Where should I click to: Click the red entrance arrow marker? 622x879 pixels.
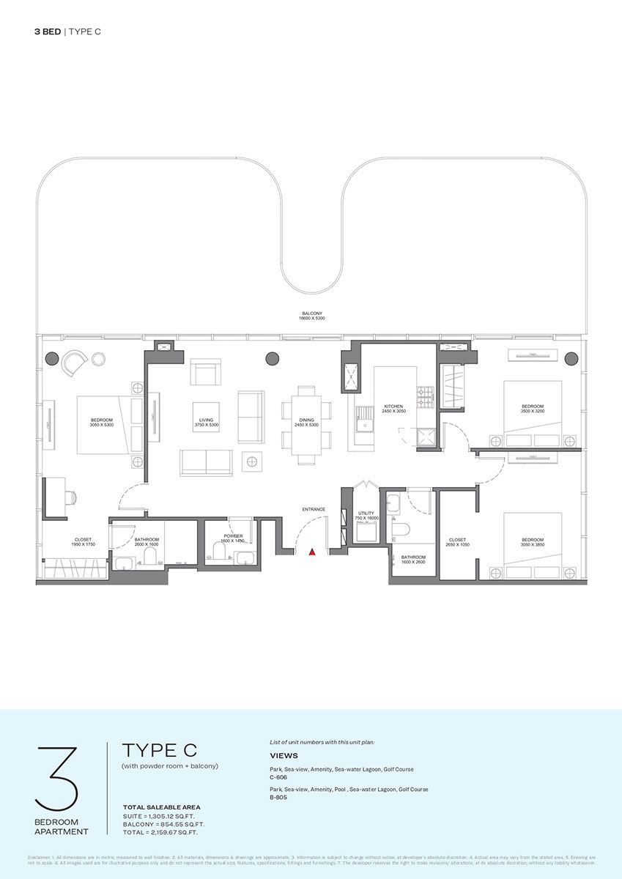313,553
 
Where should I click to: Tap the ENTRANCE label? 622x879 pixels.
313,509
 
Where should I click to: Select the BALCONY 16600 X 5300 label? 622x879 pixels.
312,316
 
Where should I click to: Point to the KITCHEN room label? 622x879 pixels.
394,408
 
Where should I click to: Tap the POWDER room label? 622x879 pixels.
233,537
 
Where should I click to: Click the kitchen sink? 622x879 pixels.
362,425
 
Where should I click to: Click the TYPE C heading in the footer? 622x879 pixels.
159,751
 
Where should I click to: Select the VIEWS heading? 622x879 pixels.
283,756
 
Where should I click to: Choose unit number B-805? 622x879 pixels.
278,798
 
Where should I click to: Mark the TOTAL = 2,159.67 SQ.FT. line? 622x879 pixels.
162,832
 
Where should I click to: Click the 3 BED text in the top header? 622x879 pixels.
48,31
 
